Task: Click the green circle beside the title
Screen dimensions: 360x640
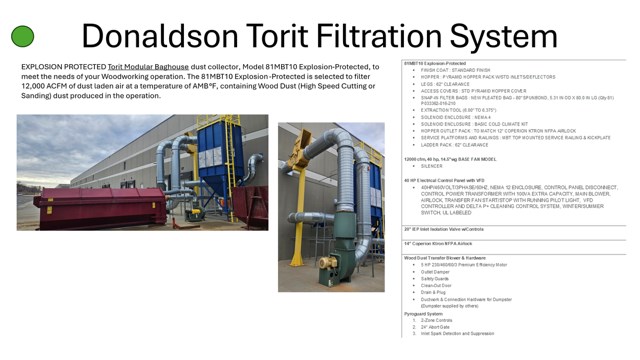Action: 22,36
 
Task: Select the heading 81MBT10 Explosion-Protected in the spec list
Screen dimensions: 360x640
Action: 431,63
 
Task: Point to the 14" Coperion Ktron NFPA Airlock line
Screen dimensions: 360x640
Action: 440,243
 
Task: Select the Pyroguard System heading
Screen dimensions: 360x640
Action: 424,312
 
